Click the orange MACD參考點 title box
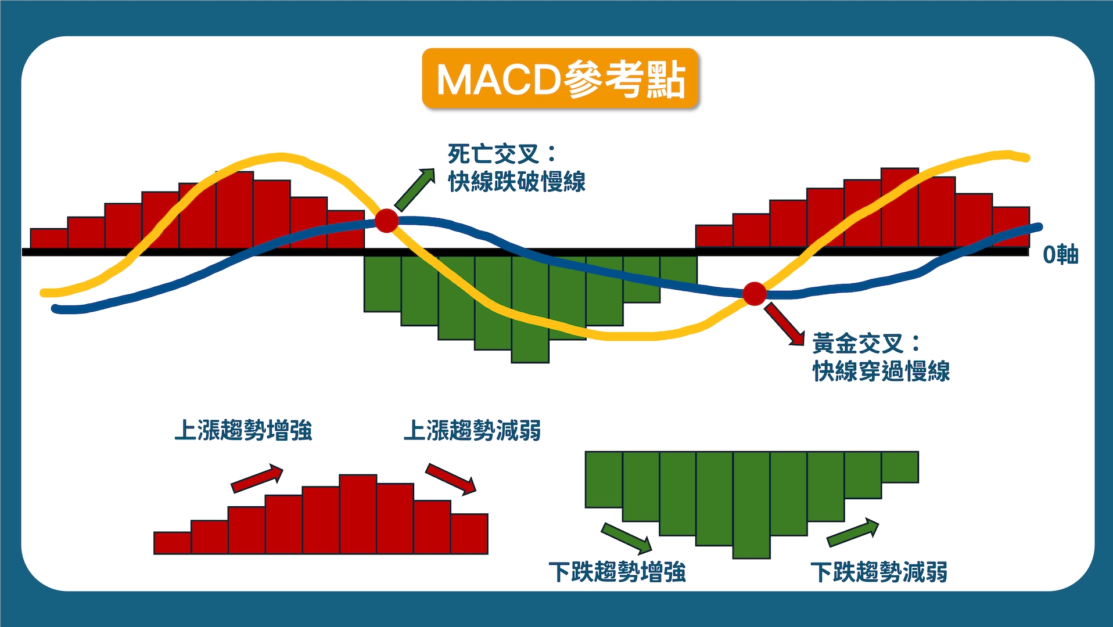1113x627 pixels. pyautogui.click(x=559, y=79)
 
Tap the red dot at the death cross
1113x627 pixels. pyautogui.click(x=387, y=221)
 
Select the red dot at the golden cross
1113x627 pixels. pyautogui.click(x=755, y=294)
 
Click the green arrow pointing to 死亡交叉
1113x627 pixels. pyautogui.click(x=415, y=189)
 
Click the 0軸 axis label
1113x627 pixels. pyautogui.click(x=1060, y=254)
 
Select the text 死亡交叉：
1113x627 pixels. pyautogui.click(x=502, y=154)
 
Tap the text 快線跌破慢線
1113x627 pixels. pyautogui.click(x=516, y=182)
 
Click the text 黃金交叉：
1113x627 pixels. pyautogui.click(x=866, y=344)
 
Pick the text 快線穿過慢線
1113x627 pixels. pyautogui.click(x=881, y=371)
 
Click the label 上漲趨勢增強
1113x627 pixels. pyautogui.click(x=243, y=431)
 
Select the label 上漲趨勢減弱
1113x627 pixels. pyautogui.click(x=472, y=431)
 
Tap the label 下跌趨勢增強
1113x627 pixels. pyautogui.click(x=617, y=572)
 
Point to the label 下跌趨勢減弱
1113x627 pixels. pyautogui.click(x=879, y=572)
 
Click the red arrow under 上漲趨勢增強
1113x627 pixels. pyautogui.click(x=257, y=478)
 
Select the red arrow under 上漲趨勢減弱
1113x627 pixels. pyautogui.click(x=451, y=479)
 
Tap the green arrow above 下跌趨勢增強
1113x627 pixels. pyautogui.click(x=626, y=538)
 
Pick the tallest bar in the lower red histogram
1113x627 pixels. pyautogui.click(x=358, y=514)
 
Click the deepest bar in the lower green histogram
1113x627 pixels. pyautogui.click(x=752, y=505)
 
